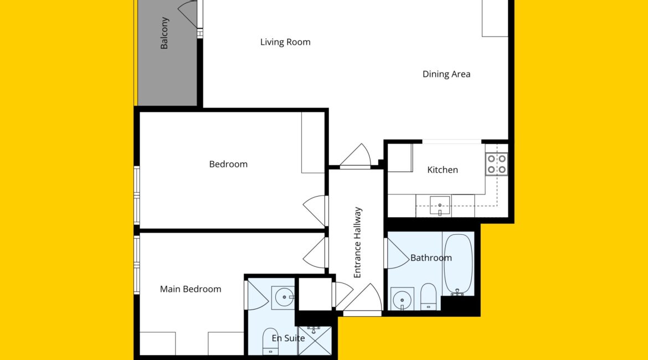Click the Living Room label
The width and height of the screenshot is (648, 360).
285,42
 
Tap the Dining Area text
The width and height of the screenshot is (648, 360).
446,74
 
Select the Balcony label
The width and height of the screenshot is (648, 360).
164,33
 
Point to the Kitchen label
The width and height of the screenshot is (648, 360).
443,170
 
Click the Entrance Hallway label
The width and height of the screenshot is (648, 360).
357,243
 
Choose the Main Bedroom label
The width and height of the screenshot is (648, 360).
191,289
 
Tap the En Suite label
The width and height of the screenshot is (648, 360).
289,338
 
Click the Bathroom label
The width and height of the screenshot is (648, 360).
431,258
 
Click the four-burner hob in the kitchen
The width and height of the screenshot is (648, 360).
496,164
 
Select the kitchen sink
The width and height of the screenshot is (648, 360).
440,206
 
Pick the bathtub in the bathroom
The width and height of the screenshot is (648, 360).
458,265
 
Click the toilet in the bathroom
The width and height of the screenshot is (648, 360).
428,296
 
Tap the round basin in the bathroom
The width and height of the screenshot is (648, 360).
402,299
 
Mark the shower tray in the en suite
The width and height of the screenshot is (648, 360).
315,341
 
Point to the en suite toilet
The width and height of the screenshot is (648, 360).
271,341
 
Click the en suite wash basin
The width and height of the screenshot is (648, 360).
283,297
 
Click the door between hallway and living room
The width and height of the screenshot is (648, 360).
356,156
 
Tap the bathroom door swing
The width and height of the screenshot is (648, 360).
397,253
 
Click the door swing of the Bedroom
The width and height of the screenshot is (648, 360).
315,210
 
